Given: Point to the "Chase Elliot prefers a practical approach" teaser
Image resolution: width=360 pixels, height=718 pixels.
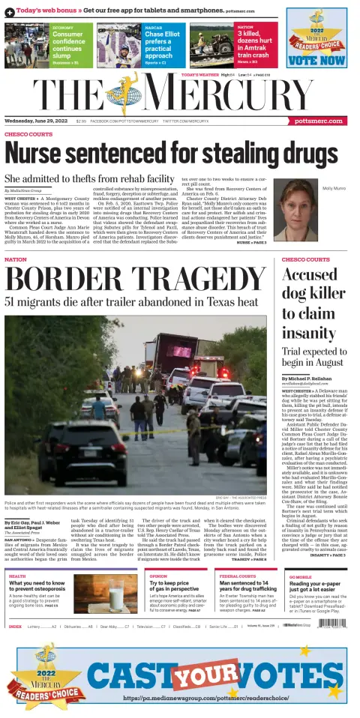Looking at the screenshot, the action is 163,45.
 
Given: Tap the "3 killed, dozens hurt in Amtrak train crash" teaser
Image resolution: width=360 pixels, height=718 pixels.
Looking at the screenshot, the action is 254,45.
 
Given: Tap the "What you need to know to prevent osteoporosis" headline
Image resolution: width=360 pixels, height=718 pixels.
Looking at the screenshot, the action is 38,589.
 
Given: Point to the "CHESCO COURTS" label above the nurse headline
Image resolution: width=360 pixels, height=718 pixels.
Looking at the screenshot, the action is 28,134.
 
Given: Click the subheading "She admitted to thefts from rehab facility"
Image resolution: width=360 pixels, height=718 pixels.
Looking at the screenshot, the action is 89,178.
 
